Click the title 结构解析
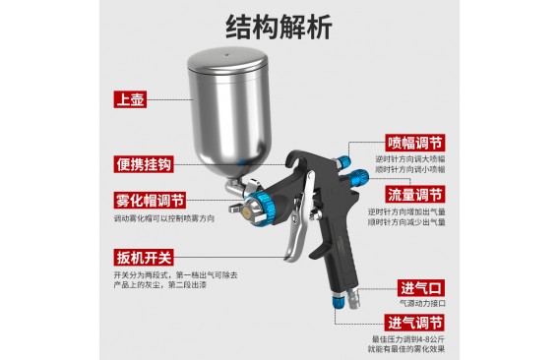279,28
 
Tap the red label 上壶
130,99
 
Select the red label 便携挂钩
144,164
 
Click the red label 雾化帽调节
150,201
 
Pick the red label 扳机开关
144,258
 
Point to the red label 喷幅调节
415,143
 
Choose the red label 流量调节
415,195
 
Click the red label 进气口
421,288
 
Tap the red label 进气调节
414,323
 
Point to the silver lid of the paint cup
227,60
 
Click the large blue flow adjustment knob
358,178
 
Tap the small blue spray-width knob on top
344,160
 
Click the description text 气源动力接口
422,303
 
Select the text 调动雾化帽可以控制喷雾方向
164,218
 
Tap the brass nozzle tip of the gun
246,212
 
